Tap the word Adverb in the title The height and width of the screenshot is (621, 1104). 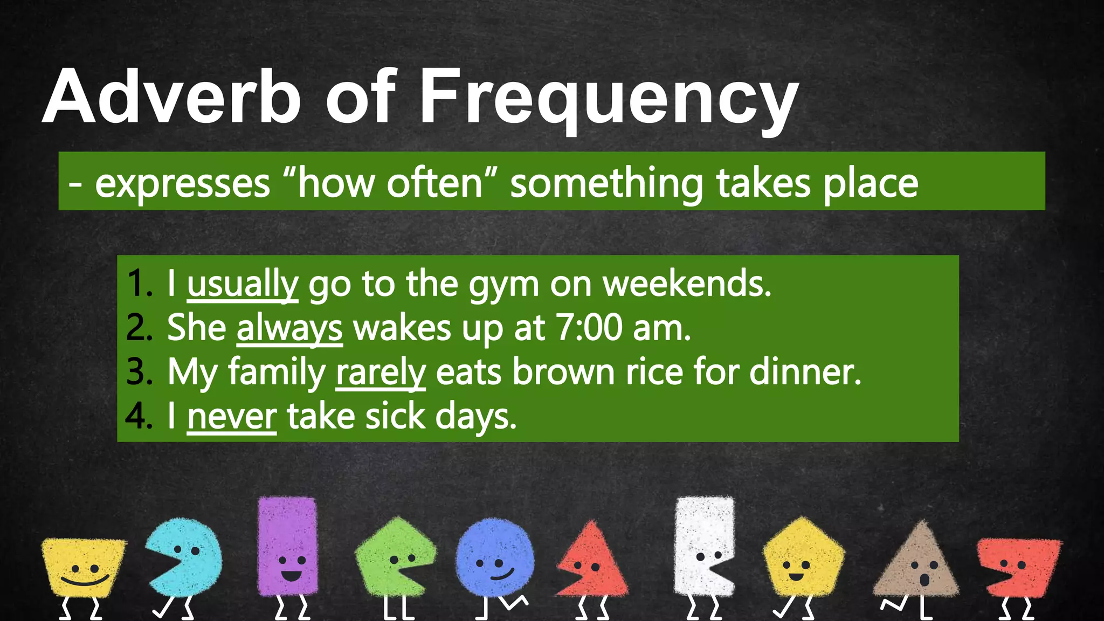171,97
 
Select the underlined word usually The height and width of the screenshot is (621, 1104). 243,284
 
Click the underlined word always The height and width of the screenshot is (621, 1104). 289,328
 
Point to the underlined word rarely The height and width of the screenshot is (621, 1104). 381,372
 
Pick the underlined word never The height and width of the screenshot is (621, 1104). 232,417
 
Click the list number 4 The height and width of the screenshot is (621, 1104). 138,417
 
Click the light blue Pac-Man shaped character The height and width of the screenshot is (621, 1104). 186,555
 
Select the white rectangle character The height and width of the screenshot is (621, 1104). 703,544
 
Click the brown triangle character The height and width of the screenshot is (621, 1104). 916,563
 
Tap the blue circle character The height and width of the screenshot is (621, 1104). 494,558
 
